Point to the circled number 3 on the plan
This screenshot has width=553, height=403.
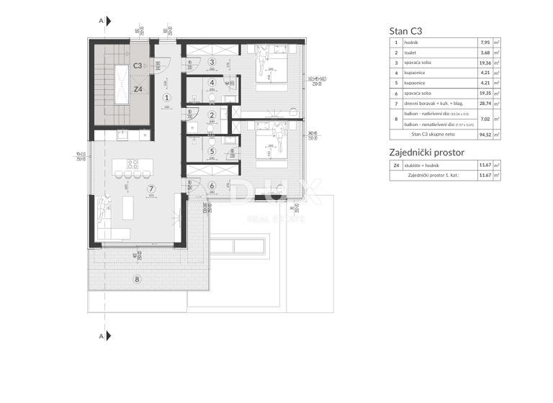pyautogui.click(x=212, y=63)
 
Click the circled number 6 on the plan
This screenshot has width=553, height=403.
pyautogui.click(x=212, y=186)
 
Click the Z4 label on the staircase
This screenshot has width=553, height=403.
pyautogui.click(x=139, y=89)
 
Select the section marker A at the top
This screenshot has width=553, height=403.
pyautogui.click(x=100, y=21)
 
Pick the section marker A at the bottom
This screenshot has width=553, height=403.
pyautogui.click(x=100, y=335)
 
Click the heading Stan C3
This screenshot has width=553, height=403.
pyautogui.click(x=406, y=30)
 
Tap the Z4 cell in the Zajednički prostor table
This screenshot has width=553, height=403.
pyautogui.click(x=396, y=166)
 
